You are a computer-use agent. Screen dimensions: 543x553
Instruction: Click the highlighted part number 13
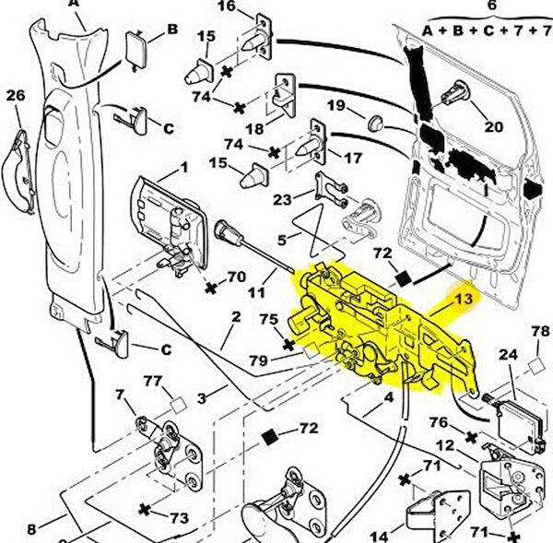click(463, 299)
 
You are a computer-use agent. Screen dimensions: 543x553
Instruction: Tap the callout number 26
click(16, 95)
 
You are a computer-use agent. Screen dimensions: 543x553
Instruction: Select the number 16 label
click(226, 7)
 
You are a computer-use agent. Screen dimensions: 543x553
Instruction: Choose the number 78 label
click(539, 332)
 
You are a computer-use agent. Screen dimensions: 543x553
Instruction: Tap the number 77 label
click(152, 380)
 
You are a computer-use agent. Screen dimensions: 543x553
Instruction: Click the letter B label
click(171, 30)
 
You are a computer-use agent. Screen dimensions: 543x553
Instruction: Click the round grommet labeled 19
click(375, 122)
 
